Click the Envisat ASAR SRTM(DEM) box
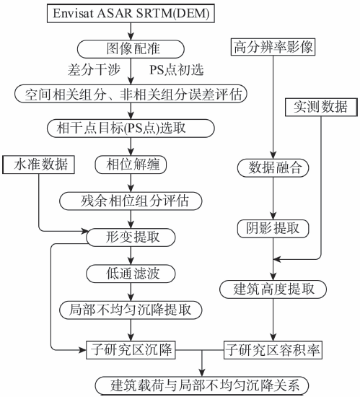pos(131,13)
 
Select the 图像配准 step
pos(131,49)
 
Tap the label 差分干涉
pos(94,70)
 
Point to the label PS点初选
pos(177,70)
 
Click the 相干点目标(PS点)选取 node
pos(131,128)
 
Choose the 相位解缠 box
pos(131,165)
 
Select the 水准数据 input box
pos(38,165)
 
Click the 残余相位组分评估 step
pos(131,201)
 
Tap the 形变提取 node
pos(131,237)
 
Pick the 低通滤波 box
pos(131,274)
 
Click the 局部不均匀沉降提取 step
pos(131,310)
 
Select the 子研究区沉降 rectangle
pos(131,350)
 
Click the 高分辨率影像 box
pos(273,47)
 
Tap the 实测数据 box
pos(321,107)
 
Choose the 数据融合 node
pos(273,167)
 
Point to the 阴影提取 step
pos(273,229)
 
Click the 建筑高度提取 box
pos(273,289)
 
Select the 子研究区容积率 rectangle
pos(273,350)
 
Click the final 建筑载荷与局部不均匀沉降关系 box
pos(202,385)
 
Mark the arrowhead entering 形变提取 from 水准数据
pos(84,231)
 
